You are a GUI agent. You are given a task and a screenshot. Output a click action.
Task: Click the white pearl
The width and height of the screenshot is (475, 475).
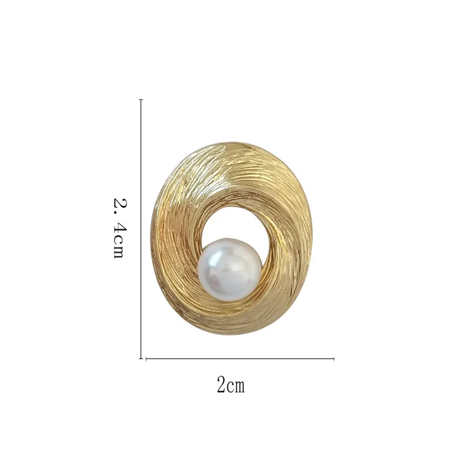click(230, 270)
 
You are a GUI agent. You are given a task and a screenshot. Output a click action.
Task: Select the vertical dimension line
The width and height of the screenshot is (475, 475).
click(141, 229)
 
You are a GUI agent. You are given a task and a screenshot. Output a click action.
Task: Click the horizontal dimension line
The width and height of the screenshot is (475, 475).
click(240, 359)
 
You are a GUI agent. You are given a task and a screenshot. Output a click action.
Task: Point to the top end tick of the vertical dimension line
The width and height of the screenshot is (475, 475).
click(141, 99)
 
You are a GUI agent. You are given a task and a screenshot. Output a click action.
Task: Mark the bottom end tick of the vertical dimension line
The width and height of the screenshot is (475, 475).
click(141, 358)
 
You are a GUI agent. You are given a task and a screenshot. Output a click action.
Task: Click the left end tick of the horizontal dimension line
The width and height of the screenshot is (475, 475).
click(146, 359)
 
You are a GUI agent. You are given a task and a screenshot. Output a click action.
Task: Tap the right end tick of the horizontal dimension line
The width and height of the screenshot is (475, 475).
click(334, 359)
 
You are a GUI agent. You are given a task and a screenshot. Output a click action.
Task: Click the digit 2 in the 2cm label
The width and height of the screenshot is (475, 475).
click(222, 384)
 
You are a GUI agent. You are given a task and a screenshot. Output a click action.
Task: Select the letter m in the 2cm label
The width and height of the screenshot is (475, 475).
click(239, 386)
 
